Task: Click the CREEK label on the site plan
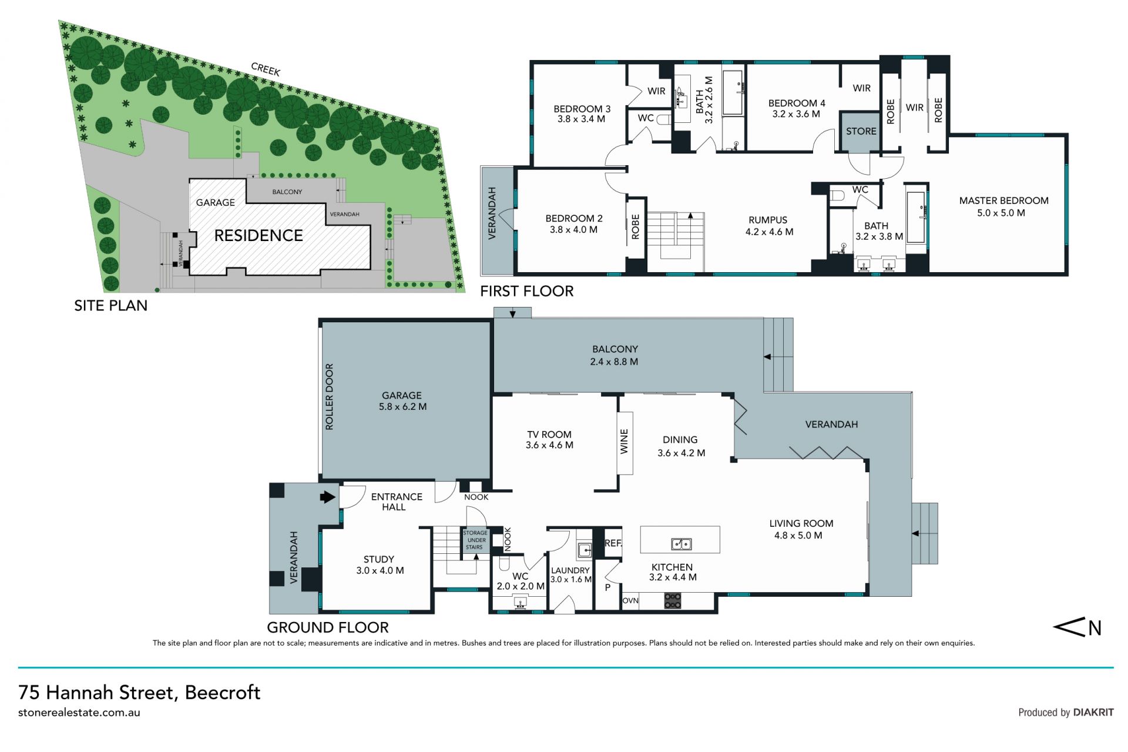(x=266, y=69)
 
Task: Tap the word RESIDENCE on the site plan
(x=258, y=236)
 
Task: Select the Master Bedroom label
(x=1003, y=200)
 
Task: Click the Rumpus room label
(x=768, y=220)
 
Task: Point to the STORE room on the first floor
(x=861, y=132)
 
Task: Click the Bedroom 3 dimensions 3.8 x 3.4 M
(x=581, y=119)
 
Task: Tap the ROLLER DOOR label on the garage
(x=329, y=397)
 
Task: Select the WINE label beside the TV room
(x=624, y=441)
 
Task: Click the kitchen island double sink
(x=681, y=544)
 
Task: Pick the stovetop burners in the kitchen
(x=673, y=601)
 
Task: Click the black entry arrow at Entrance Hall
(x=327, y=497)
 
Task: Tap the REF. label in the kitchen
(x=613, y=543)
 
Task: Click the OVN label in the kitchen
(x=630, y=601)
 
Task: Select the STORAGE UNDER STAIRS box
(x=475, y=540)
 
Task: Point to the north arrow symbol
(x=1077, y=627)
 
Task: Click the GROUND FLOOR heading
(x=328, y=627)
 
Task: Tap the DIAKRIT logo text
(x=1093, y=712)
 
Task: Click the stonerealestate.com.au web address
(x=79, y=713)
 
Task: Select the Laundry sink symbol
(x=585, y=550)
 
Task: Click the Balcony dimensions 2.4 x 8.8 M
(x=614, y=362)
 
